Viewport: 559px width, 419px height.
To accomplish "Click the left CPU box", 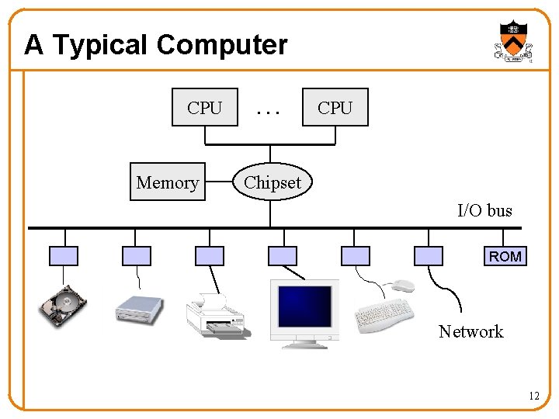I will click(204, 108).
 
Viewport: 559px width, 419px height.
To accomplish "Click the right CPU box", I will click(335, 108).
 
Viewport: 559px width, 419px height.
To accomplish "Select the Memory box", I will click(167, 182).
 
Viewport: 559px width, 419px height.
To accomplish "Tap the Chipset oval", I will click(273, 182).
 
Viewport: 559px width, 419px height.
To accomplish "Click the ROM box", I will click(505, 256).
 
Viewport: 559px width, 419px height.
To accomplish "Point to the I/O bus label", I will click(484, 210).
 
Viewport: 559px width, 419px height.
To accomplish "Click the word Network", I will click(470, 331).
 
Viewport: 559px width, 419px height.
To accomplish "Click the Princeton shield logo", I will click(513, 41).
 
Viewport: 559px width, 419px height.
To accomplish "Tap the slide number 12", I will click(533, 396).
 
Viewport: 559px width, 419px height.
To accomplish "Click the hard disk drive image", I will click(64, 305).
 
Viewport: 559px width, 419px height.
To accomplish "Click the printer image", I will click(215, 315).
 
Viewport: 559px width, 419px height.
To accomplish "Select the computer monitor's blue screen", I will click(305, 306).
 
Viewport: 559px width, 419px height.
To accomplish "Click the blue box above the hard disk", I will click(64, 256).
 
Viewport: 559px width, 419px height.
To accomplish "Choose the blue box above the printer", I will click(209, 256).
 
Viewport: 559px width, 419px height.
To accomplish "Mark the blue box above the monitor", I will click(282, 256).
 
